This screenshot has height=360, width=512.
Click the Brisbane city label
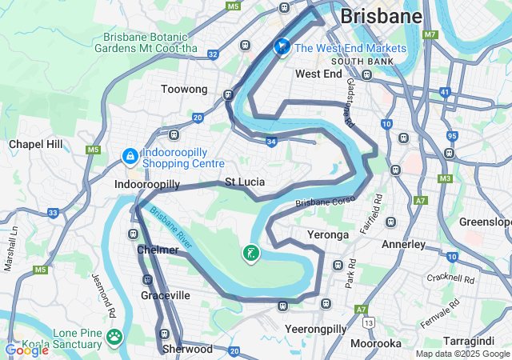pos(381,16)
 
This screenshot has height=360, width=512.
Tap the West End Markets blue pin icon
pos(282,48)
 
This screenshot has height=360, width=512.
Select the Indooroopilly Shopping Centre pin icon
pos(130,155)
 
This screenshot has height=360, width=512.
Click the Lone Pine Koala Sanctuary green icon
pos(115,338)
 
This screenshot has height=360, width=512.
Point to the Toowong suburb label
pos(184,89)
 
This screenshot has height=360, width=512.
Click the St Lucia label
pos(244,182)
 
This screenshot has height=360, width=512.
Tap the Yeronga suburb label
pos(328,235)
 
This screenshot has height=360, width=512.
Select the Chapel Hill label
pos(35,144)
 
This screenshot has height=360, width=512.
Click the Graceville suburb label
pos(166,295)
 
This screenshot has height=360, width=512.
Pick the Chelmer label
pos(158,250)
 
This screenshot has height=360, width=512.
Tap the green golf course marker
pos(251,255)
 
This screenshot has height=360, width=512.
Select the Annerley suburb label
pos(404,244)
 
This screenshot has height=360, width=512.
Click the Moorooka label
pos(376,343)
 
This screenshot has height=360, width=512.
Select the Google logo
pos(26,350)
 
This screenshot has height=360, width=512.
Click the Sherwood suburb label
pos(187,349)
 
